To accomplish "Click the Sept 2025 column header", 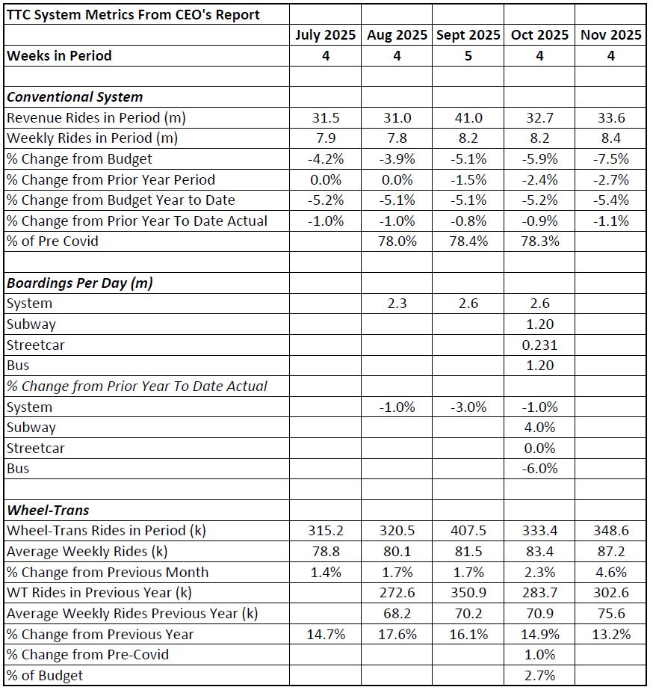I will click(468, 35).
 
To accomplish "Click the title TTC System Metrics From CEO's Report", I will click(133, 14).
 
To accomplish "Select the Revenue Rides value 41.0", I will click(468, 117).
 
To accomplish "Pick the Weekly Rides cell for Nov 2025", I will click(610, 138).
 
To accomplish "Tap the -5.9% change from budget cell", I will click(539, 158).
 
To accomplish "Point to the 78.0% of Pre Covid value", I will click(397, 241).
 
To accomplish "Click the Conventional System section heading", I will click(75, 97).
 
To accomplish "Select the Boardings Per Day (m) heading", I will click(81, 283).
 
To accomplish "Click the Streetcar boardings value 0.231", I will click(539, 345).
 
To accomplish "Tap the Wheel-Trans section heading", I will click(48, 511).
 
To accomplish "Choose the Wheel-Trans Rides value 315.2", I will click(326, 531).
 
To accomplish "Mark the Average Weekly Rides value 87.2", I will click(610, 552).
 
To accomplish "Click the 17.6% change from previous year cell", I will click(397, 635).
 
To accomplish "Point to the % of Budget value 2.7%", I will click(539, 676).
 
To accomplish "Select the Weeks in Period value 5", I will click(468, 56).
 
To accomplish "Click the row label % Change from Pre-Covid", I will click(87, 655).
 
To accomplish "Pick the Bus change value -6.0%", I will click(539, 469).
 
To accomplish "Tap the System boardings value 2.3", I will click(397, 304).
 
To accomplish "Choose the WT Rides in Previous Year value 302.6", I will click(610, 593).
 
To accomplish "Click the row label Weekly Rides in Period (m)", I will click(92, 138).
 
